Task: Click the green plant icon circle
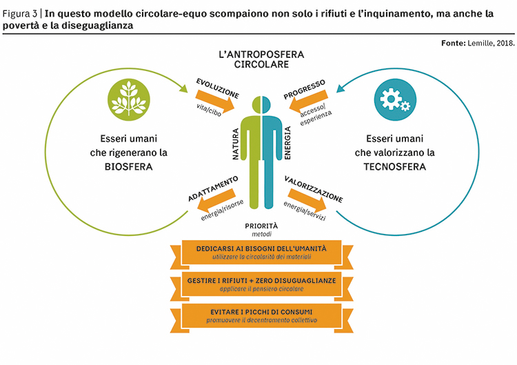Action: pyautogui.click(x=129, y=99)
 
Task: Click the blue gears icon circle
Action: pyautogui.click(x=395, y=99)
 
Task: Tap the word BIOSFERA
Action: pyautogui.click(x=129, y=167)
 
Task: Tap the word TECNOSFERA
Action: pyautogui.click(x=395, y=167)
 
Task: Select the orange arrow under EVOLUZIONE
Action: pyautogui.click(x=215, y=101)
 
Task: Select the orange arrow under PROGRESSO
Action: pyautogui.click(x=309, y=101)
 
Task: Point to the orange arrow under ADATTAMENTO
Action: pyautogui.click(x=216, y=200)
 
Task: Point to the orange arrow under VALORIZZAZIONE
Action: pyautogui.click(x=307, y=199)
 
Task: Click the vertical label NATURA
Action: pyautogui.click(x=236, y=144)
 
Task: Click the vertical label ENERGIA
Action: pyautogui.click(x=287, y=143)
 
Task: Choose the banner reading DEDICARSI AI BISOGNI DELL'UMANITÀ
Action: pyautogui.click(x=261, y=253)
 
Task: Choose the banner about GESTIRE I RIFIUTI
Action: pyautogui.click(x=261, y=284)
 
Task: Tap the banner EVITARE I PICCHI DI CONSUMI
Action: pyautogui.click(x=261, y=316)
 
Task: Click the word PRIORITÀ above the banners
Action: pyautogui.click(x=261, y=226)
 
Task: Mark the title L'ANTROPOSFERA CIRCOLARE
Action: pyautogui.click(x=261, y=59)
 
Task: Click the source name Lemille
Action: pyautogui.click(x=480, y=43)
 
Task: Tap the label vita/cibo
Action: pyautogui.click(x=209, y=110)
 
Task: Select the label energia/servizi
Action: pyautogui.click(x=305, y=211)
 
